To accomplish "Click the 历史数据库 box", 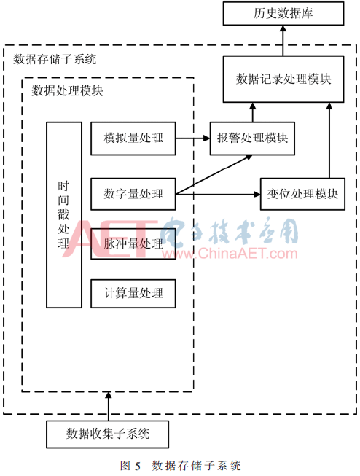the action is click(283, 13).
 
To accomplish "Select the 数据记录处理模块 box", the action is click(283, 79).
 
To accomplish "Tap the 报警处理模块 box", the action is click(252, 138).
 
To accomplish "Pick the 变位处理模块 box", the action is click(302, 194).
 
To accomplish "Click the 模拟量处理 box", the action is click(133, 138).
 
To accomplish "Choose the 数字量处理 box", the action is click(133, 194).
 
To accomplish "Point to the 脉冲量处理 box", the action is click(133, 243).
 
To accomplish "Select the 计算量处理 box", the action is click(133, 293).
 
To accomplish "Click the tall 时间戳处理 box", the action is click(63, 215).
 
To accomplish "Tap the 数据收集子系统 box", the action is click(107, 434).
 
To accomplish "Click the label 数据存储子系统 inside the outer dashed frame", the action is click(55, 59).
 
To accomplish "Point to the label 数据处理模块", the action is click(67, 91).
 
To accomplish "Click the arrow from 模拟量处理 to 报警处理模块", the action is click(192, 138).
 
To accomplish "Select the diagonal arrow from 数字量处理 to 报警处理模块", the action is click(214, 174).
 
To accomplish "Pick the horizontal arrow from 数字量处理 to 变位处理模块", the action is click(218, 194).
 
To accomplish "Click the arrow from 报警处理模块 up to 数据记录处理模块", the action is click(253, 112).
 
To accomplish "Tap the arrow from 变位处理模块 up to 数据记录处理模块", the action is click(329, 140).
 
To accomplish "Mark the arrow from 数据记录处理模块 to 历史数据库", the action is click(283, 41).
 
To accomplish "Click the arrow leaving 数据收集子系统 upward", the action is click(109, 406).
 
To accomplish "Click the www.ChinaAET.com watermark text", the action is click(230, 254).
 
